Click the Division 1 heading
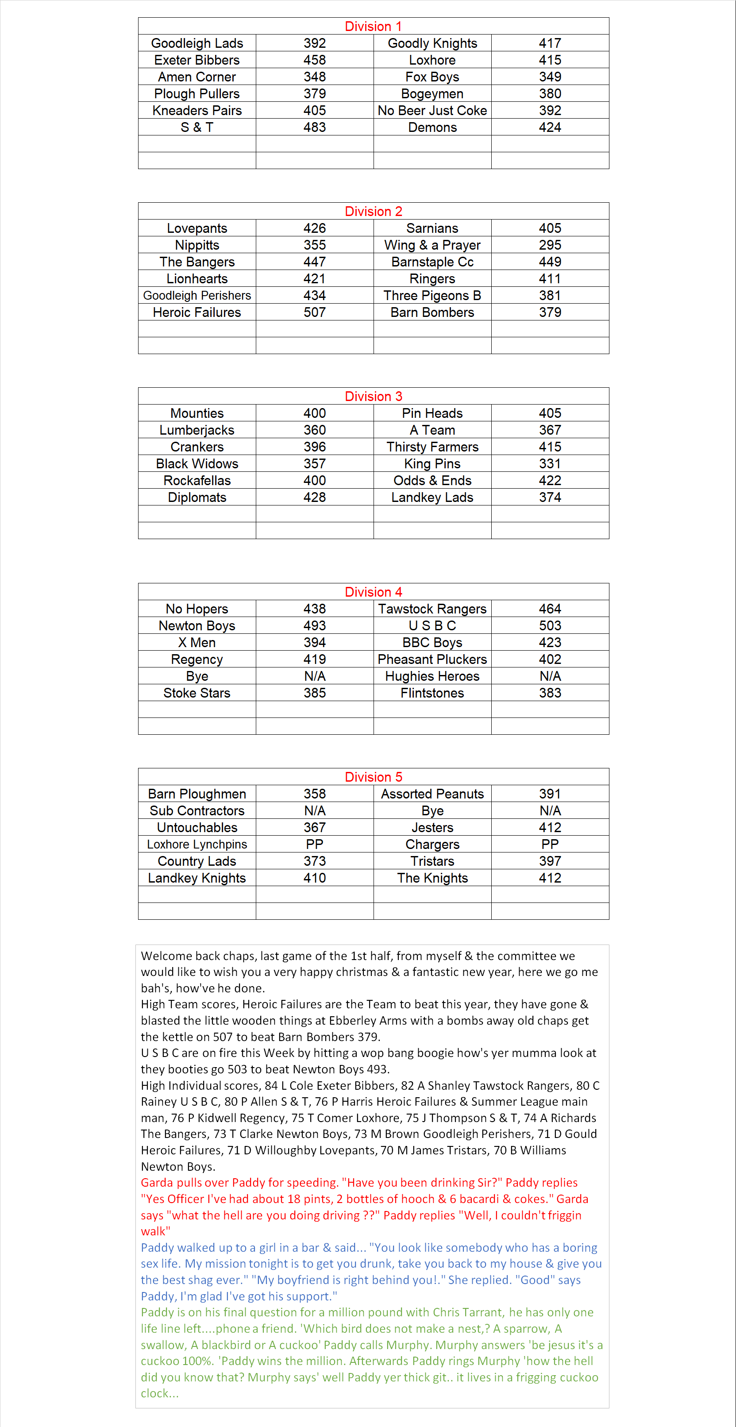pyautogui.click(x=373, y=27)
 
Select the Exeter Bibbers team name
pyautogui.click(x=197, y=60)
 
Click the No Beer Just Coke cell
pyautogui.click(x=432, y=111)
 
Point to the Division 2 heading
pyautogui.click(x=373, y=212)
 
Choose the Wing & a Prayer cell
pyautogui.click(x=432, y=245)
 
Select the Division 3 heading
pyautogui.click(x=373, y=397)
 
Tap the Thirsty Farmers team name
pyautogui.click(x=432, y=447)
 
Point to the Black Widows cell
pyautogui.click(x=197, y=464)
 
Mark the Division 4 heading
pyautogui.click(x=373, y=592)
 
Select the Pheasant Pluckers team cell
pyautogui.click(x=432, y=659)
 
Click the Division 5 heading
pyautogui.click(x=373, y=777)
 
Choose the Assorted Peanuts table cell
pyautogui.click(x=432, y=794)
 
